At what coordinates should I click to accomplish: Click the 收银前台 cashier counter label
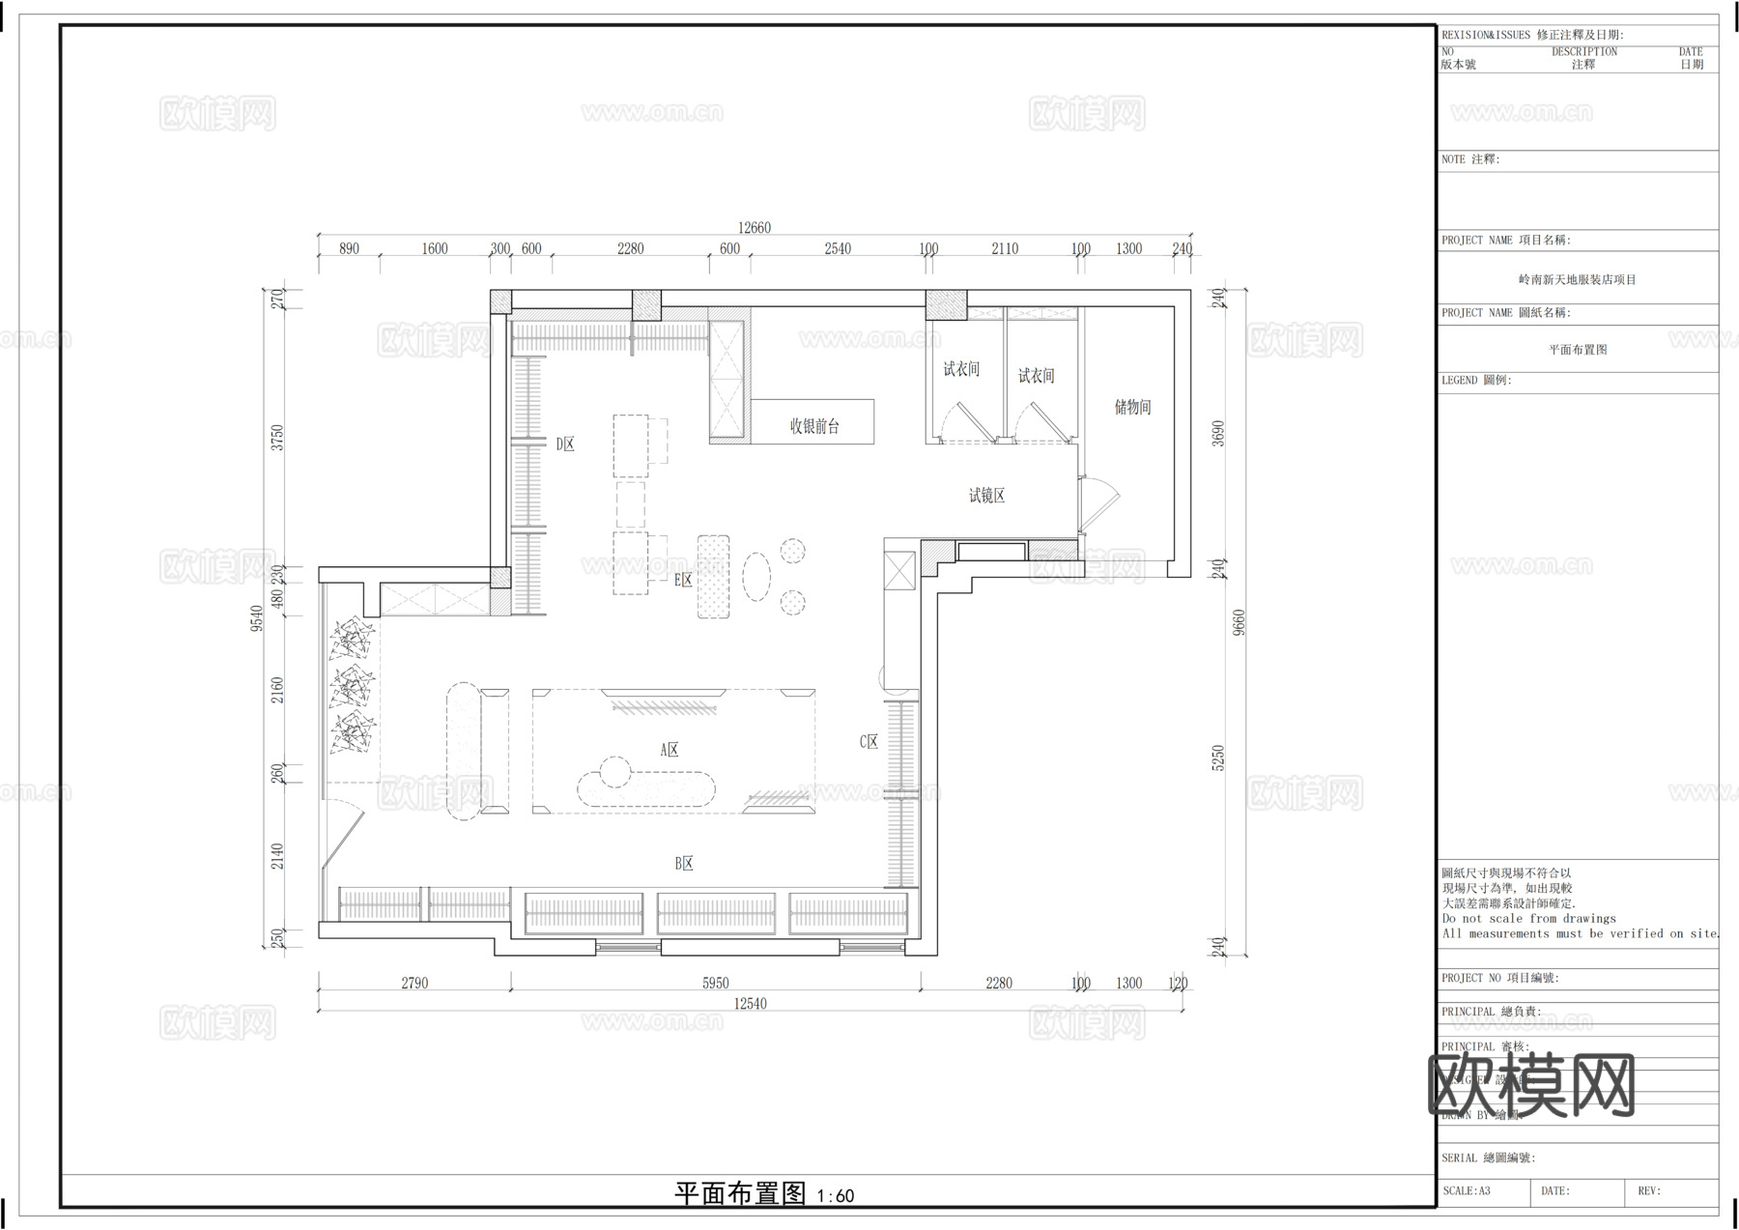814,426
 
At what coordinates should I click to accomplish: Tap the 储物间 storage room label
1132,408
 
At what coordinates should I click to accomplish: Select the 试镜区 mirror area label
986,496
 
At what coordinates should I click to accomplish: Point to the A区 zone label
670,750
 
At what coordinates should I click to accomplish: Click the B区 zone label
684,864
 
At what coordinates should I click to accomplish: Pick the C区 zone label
869,742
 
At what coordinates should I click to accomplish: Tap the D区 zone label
564,444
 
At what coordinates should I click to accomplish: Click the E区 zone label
683,580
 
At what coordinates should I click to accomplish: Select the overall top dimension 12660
755,228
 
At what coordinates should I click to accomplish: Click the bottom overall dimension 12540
750,1004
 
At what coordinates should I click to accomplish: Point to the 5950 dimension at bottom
715,984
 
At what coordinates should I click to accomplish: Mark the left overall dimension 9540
257,618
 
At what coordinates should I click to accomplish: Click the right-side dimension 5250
1218,758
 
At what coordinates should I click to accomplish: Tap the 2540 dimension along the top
838,249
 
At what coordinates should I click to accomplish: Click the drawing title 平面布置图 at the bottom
739,1194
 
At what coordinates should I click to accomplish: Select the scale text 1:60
836,1196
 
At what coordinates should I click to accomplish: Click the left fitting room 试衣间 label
961,369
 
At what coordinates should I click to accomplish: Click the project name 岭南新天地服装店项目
1577,280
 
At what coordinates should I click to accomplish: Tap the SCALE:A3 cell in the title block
1467,1191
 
